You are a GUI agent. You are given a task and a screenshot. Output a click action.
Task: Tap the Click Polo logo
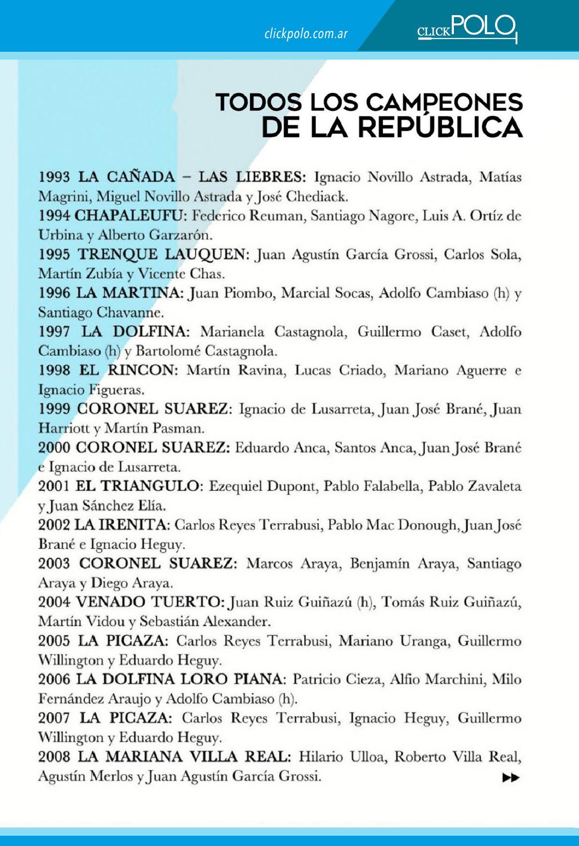467,27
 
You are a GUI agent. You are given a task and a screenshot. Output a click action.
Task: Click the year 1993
55,176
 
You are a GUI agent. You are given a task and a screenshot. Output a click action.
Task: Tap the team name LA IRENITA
122,525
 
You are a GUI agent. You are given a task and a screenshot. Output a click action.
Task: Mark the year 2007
55,718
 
